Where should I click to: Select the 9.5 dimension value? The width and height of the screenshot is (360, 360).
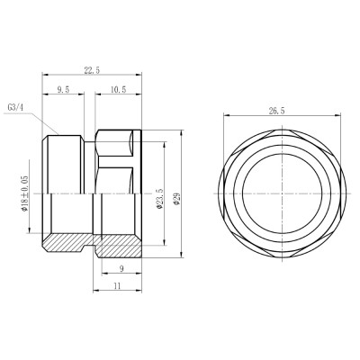coord(63,90)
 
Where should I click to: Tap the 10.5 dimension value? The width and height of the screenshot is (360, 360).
coord(118,90)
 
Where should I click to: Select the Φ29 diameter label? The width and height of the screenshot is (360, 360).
coord(177,196)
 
